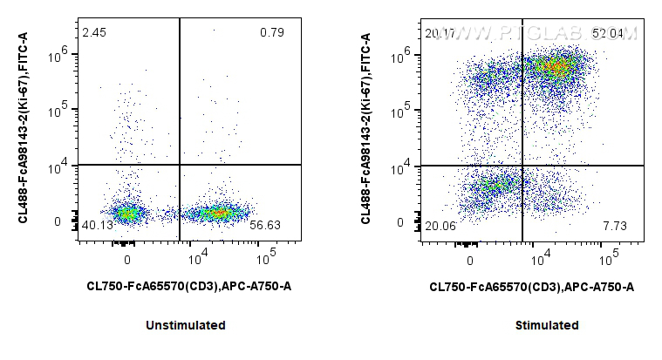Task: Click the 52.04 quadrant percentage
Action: [x=609, y=33]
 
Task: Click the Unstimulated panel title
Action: [x=186, y=325]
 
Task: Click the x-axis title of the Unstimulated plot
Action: [x=188, y=286]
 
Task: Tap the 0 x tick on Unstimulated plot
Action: [x=127, y=260]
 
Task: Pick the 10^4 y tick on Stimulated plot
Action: [x=403, y=166]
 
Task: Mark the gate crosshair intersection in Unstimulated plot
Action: [x=180, y=165]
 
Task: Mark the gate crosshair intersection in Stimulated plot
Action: [x=522, y=165]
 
